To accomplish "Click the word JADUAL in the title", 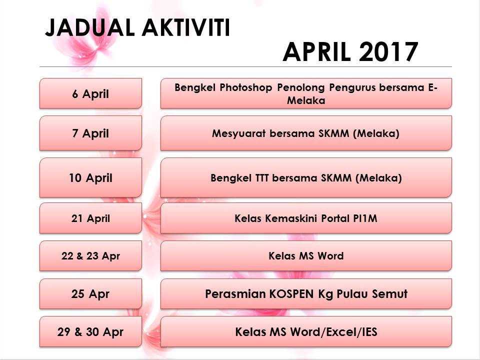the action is click(x=90, y=28).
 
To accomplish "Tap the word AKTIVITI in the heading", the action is click(x=186, y=28).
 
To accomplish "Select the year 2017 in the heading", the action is click(x=389, y=51).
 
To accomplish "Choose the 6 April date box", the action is click(x=90, y=93).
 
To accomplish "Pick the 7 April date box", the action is click(x=90, y=133).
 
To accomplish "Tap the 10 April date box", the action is click(x=90, y=177).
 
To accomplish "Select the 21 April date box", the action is click(x=90, y=218).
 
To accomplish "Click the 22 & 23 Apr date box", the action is click(x=90, y=256).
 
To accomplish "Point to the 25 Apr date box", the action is click(x=90, y=294).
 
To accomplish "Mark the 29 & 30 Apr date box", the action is click(x=90, y=331).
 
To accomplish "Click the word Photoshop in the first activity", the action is click(x=246, y=88).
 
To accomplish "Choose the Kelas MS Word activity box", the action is click(x=306, y=256).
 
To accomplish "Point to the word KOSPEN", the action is click(x=291, y=294).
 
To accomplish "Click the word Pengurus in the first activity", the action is click(x=352, y=88).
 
